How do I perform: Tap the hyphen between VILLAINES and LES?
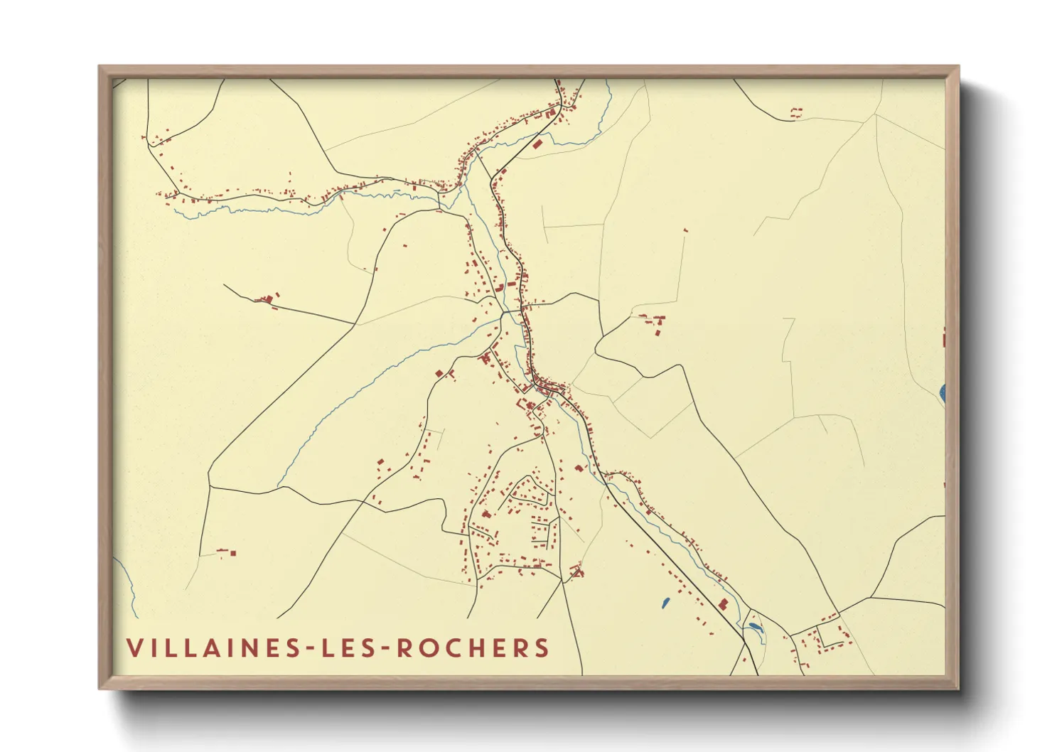coord(310,648)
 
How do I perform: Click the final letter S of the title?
coord(543,648)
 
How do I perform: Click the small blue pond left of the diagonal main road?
coord(665,603)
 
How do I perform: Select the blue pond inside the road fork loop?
coord(753,627)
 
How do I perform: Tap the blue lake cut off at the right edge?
coord(943,391)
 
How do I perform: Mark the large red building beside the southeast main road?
coord(724,604)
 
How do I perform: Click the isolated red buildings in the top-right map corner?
coord(796,112)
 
